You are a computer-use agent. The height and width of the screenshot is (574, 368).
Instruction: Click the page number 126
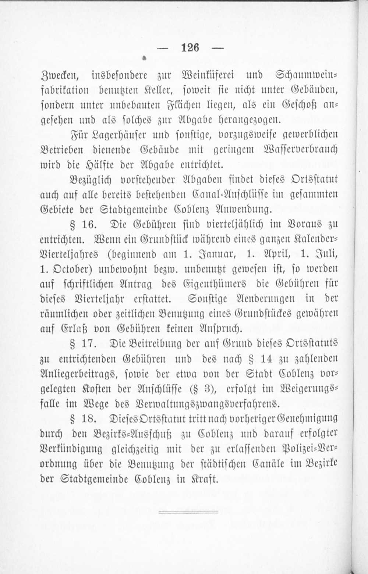[190, 47]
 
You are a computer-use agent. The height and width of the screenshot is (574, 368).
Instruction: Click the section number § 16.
[83, 224]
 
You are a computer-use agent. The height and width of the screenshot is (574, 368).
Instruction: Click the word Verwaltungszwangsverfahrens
[208, 404]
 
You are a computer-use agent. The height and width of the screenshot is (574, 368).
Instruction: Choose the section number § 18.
[84, 419]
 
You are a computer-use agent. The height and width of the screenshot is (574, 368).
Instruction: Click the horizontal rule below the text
[183, 512]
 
